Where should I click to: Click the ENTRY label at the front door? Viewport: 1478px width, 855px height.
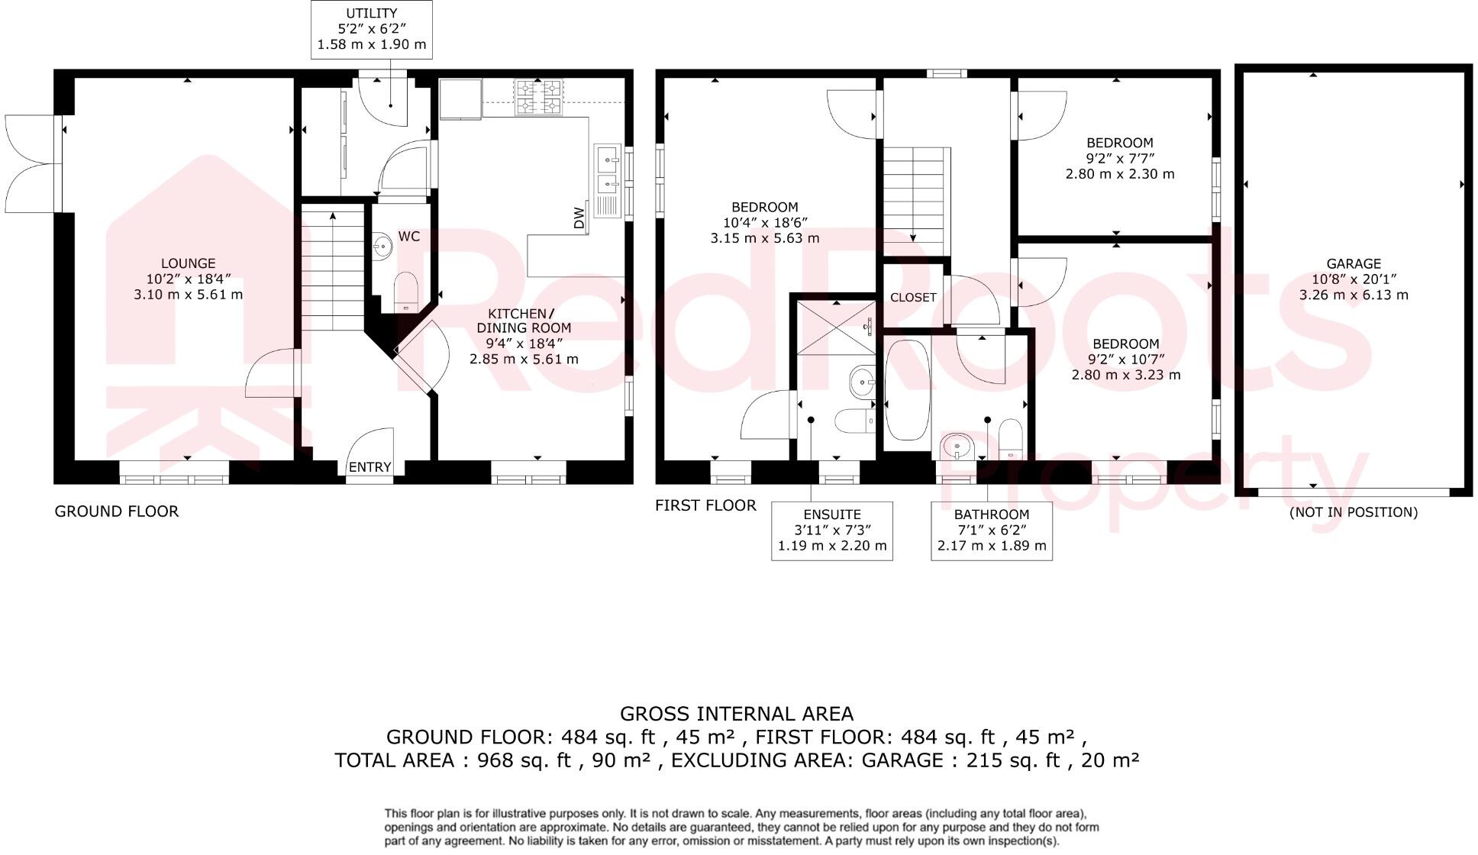[369, 467]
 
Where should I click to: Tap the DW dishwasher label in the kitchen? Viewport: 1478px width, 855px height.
[579, 218]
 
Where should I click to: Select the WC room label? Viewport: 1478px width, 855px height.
[409, 237]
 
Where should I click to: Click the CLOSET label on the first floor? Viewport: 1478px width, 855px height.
[913, 298]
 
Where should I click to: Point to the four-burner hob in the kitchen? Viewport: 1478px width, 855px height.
[538, 97]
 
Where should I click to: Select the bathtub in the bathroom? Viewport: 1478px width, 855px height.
[907, 390]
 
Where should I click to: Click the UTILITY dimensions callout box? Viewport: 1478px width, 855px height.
[372, 29]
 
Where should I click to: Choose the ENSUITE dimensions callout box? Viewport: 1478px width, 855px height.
[832, 531]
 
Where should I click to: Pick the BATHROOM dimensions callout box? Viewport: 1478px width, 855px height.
[992, 531]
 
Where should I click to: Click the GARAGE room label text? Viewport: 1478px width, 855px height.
[1354, 264]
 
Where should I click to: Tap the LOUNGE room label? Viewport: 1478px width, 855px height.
[188, 263]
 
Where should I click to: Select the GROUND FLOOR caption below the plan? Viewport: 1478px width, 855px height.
[117, 511]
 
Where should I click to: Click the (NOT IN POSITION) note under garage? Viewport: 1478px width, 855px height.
[1353, 512]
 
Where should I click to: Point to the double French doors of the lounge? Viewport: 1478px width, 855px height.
[31, 163]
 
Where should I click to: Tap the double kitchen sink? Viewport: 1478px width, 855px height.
[608, 171]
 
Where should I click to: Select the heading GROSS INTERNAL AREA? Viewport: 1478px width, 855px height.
[736, 714]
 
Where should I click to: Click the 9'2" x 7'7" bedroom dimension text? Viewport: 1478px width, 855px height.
[1120, 158]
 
